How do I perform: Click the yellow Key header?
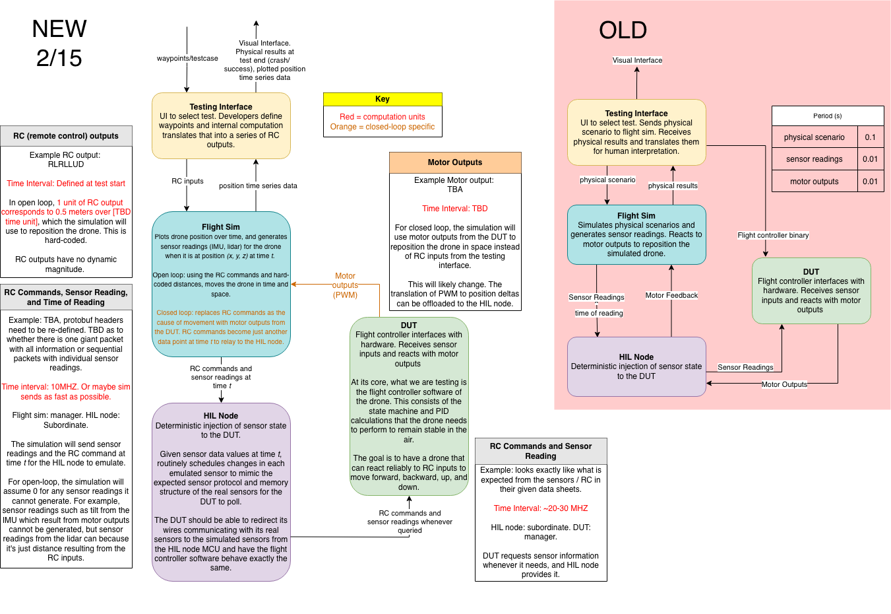click(x=383, y=99)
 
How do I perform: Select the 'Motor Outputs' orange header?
click(x=455, y=162)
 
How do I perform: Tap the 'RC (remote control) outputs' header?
click(x=66, y=136)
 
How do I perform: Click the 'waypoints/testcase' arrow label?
click(x=187, y=58)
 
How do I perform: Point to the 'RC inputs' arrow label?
click(x=187, y=181)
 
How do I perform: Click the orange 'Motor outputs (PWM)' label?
click(x=345, y=285)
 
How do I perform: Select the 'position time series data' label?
click(x=258, y=186)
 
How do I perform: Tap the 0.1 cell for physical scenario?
click(x=871, y=137)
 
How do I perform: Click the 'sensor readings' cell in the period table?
click(x=814, y=159)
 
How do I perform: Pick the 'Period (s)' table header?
click(x=827, y=116)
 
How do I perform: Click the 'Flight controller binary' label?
click(x=773, y=235)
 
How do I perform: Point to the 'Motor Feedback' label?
click(x=671, y=295)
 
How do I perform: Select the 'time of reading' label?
click(x=599, y=313)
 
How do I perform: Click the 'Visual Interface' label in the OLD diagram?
click(x=637, y=60)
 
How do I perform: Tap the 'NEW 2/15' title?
click(x=59, y=44)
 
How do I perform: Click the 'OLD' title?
click(x=623, y=30)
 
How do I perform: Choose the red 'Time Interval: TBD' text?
click(x=455, y=209)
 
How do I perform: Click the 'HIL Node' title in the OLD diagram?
click(x=636, y=357)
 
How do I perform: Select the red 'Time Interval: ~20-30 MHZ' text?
click(x=541, y=508)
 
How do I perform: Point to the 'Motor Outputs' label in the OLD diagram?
click(x=784, y=384)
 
